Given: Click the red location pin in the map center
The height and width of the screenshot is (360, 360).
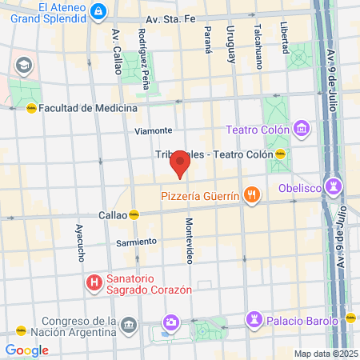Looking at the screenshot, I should click(180, 165).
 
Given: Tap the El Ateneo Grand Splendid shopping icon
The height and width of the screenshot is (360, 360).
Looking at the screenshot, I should click(98, 11).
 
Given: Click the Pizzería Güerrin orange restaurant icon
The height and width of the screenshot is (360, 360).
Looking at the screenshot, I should click(252, 194).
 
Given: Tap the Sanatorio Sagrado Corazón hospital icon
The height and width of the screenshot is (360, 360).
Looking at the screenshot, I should click(94, 282).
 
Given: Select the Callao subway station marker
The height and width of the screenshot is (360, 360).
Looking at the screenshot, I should click(135, 214).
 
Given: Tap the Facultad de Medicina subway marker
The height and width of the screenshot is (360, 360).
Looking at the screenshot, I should click(31, 108).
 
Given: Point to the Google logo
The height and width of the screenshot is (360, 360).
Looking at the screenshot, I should click(26, 350).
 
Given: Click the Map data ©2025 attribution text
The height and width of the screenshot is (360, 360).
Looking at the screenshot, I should click(324, 354).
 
